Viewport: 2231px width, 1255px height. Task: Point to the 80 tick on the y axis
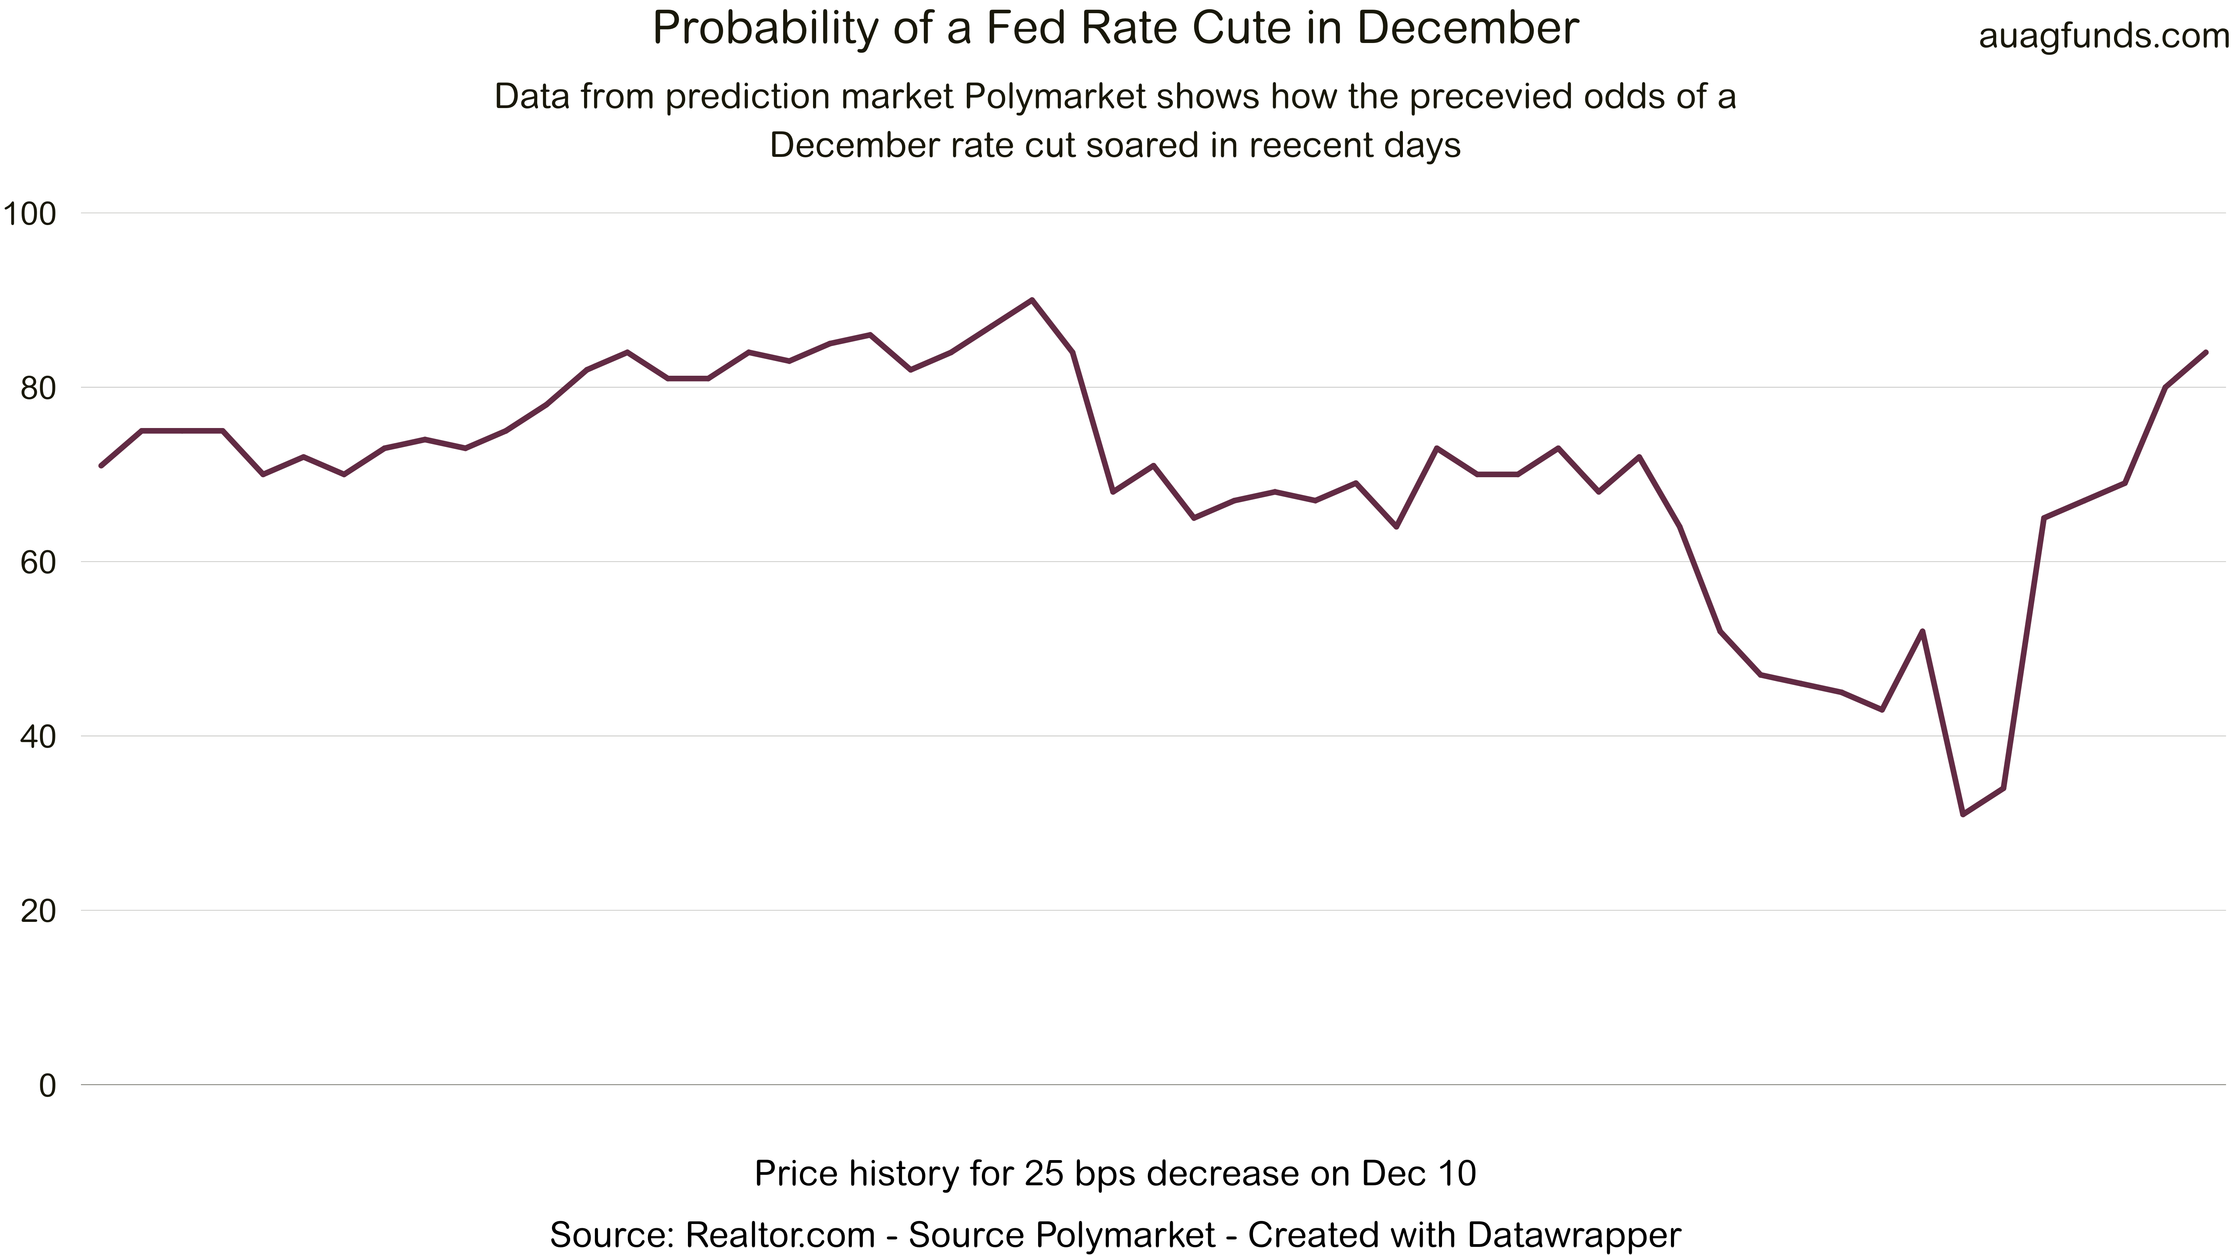tap(37, 388)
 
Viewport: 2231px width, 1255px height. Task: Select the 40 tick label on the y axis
tap(37, 737)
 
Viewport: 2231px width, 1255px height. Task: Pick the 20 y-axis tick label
tap(37, 911)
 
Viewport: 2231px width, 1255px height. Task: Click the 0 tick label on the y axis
tap(48, 1085)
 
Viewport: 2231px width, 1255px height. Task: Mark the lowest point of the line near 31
tap(1963, 814)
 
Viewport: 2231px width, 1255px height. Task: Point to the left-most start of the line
tap(101, 466)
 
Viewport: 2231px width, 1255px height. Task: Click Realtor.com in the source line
tap(779, 1234)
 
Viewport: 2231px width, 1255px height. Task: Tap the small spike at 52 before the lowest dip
tap(1923, 631)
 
